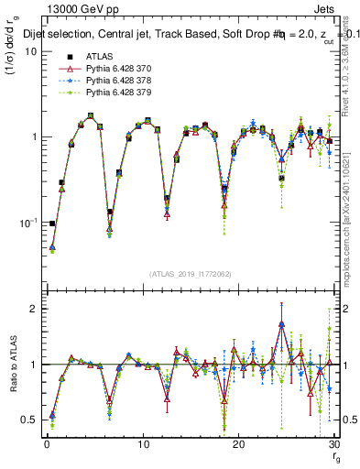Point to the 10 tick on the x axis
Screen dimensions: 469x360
[143, 443]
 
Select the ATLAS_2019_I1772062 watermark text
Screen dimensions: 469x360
[190, 273]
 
